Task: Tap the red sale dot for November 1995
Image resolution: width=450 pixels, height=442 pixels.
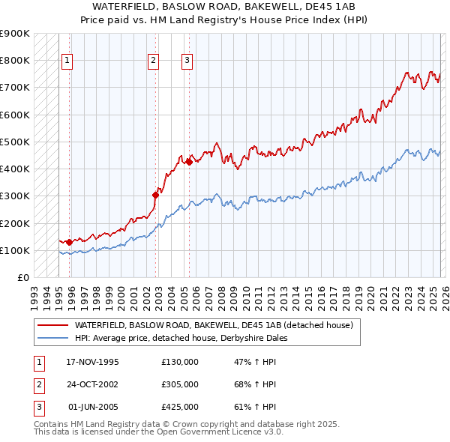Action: pos(69,242)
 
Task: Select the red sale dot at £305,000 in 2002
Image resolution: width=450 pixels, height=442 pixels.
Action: pos(155,195)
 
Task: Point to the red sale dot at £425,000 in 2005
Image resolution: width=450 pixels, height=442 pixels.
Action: pos(189,162)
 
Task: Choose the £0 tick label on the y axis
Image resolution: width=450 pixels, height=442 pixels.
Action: pos(22,277)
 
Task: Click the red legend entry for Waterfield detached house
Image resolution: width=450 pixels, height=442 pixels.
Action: pos(217,325)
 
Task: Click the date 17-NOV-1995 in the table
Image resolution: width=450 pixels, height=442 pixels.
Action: pos(92,362)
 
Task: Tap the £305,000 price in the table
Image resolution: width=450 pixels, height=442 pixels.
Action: pos(180,384)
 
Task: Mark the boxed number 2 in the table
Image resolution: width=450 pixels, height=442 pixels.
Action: pos(37,384)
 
